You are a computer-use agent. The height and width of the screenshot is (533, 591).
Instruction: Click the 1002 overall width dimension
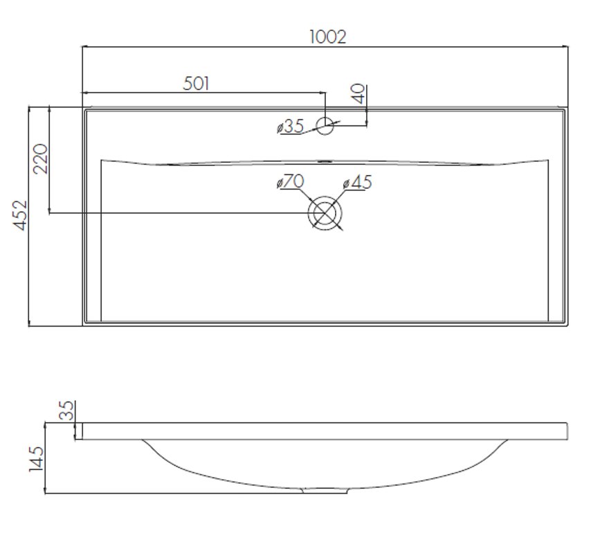pyautogui.click(x=327, y=37)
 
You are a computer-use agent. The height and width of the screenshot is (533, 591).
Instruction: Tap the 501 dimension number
pyautogui.click(x=196, y=83)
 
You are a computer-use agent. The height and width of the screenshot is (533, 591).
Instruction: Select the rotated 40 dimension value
pyautogui.click(x=359, y=93)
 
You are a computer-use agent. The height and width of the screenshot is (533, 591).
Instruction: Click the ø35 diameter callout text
pyautogui.click(x=290, y=126)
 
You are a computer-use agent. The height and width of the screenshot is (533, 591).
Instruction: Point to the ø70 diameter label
pyautogui.click(x=290, y=181)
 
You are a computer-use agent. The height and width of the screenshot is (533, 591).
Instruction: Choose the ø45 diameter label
pyautogui.click(x=358, y=182)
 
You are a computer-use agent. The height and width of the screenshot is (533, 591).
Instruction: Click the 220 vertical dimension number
pyautogui.click(x=41, y=159)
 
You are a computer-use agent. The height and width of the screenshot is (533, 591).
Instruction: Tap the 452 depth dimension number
pyautogui.click(x=20, y=215)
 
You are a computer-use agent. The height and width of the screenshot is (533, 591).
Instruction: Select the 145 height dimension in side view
pyautogui.click(x=36, y=459)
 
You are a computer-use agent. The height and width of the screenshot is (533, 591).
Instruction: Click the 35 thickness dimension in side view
pyautogui.click(x=66, y=410)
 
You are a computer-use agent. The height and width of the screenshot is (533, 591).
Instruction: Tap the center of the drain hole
pyautogui.click(x=325, y=213)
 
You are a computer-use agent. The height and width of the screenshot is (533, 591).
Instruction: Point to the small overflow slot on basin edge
pyautogui.click(x=325, y=162)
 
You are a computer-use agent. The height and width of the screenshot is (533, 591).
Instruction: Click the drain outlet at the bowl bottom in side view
pyautogui.click(x=325, y=490)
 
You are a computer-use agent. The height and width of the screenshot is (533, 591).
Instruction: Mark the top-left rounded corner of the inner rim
pyautogui.click(x=87, y=111)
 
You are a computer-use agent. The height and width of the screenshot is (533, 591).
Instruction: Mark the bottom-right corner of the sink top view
pyautogui.click(x=567, y=325)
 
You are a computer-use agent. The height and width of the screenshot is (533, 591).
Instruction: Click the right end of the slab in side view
pyautogui.click(x=567, y=431)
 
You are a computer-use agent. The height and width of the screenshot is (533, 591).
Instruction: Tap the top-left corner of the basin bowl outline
pyautogui.click(x=101, y=160)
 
